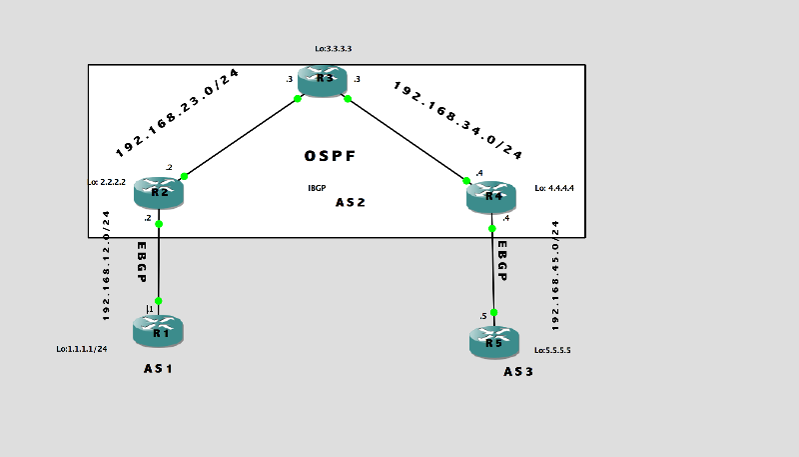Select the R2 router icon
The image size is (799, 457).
(159, 192)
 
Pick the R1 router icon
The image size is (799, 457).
(158, 329)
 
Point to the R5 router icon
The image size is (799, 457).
(493, 343)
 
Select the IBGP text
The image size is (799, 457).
(318, 187)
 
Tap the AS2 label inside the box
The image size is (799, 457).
(351, 203)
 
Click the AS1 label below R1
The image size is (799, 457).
(159, 369)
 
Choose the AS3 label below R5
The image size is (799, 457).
(519, 372)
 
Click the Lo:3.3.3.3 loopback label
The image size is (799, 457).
(333, 48)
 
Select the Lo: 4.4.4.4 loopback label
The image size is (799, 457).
(554, 187)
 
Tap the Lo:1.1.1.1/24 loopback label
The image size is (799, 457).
(82, 349)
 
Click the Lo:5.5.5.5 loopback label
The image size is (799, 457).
(559, 351)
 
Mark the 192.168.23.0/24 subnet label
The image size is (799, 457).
(179, 114)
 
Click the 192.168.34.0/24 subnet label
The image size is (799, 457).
(458, 120)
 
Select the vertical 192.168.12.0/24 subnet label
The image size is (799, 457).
(107, 265)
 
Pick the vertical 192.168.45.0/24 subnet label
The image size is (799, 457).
(556, 275)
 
